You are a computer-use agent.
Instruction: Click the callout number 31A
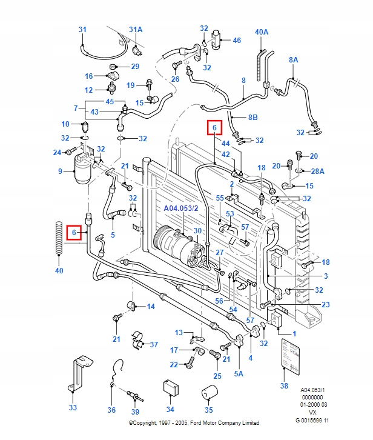(136, 29)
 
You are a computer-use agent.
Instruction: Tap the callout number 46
(237, 41)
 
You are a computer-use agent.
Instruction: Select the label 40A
(262, 32)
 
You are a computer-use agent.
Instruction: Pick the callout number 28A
(318, 172)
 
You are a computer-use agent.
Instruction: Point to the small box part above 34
(170, 387)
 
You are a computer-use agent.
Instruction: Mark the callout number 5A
(239, 374)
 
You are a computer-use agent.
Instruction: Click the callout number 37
(154, 345)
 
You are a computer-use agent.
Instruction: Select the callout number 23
(325, 305)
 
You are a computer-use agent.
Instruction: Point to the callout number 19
(130, 86)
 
